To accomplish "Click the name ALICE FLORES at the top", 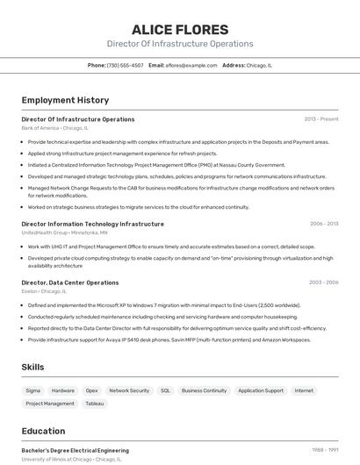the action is (179, 30).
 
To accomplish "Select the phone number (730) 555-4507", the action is (125, 65).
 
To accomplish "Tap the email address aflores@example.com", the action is (191, 65).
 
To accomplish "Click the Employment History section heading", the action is (65, 100).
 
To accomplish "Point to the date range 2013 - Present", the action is (321, 119).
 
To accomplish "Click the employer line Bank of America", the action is (54, 128).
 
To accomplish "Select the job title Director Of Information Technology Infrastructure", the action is (92, 224).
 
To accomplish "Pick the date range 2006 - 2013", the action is (324, 224).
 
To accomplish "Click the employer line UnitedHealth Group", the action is (64, 232).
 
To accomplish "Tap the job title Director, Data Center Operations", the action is (70, 283).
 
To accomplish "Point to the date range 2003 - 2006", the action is (324, 283).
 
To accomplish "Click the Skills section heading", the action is (33, 367).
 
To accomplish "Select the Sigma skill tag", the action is (32, 390).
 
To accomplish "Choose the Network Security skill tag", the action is (129, 390).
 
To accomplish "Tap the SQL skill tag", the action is (165, 390).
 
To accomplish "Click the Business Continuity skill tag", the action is (204, 390).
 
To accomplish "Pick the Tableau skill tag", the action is (94, 404).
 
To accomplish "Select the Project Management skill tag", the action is (50, 404).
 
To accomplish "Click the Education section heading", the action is (43, 431).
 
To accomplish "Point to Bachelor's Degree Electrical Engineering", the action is (75, 450).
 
